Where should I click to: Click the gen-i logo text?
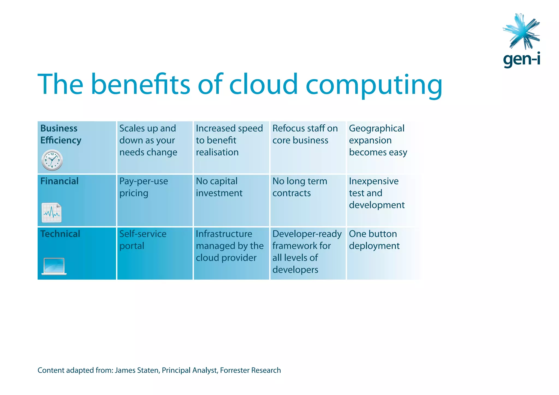click(521, 59)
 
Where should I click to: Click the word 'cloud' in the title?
click(263, 84)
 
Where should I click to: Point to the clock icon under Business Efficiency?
click(52, 160)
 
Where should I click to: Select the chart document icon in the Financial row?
click(52, 213)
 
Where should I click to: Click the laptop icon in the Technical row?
click(54, 266)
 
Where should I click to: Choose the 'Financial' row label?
click(60, 181)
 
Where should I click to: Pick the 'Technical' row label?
click(60, 234)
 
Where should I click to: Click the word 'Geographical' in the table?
click(377, 128)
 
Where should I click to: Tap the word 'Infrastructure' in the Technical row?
click(224, 234)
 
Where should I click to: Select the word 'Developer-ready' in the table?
click(307, 234)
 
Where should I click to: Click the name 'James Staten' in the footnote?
click(137, 370)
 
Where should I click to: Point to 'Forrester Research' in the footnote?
click(250, 370)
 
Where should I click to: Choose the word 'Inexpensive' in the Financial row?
click(374, 181)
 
